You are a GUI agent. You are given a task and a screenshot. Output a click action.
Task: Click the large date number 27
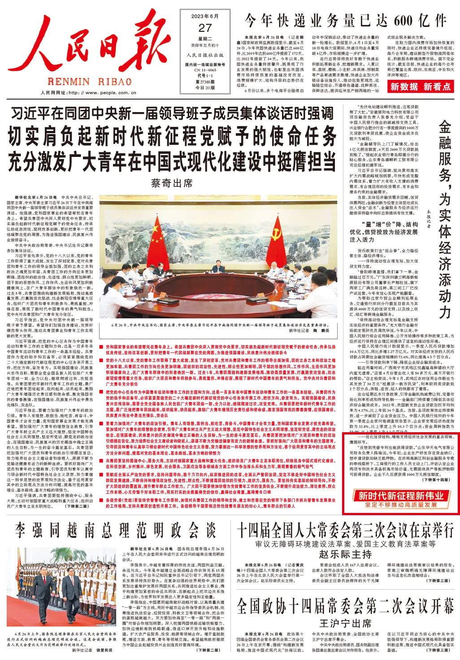coord(204,28)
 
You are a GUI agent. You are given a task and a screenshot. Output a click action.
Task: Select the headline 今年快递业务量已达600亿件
coord(345,21)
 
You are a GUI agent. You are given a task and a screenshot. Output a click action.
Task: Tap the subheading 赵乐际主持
coord(345,554)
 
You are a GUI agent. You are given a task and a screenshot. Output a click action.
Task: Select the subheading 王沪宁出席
coord(345,623)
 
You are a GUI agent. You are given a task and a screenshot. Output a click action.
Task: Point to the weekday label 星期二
coord(204,39)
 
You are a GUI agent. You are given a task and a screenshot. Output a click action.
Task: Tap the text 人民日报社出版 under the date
coord(204,55)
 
